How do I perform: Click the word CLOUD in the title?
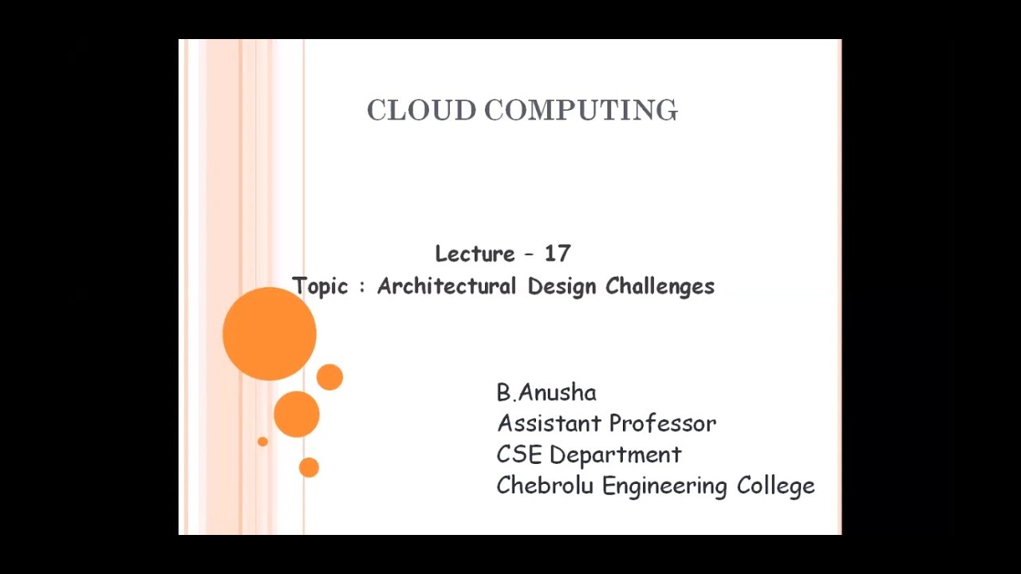tap(421, 110)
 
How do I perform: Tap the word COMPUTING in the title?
tap(581, 110)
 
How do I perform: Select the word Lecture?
tap(475, 254)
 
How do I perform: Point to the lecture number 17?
tap(558, 254)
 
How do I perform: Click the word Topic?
tap(320, 286)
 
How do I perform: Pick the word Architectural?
tap(446, 285)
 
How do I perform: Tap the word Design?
tap(562, 286)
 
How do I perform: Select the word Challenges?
tap(660, 286)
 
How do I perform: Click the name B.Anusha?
tap(546, 392)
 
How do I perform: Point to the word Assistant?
tap(546, 423)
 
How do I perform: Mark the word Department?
tap(615, 455)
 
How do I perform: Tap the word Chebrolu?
tap(545, 486)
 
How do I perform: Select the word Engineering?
tap(664, 486)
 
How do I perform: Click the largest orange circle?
tap(270, 333)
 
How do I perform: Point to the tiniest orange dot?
tap(262, 442)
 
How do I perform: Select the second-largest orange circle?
tap(297, 414)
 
